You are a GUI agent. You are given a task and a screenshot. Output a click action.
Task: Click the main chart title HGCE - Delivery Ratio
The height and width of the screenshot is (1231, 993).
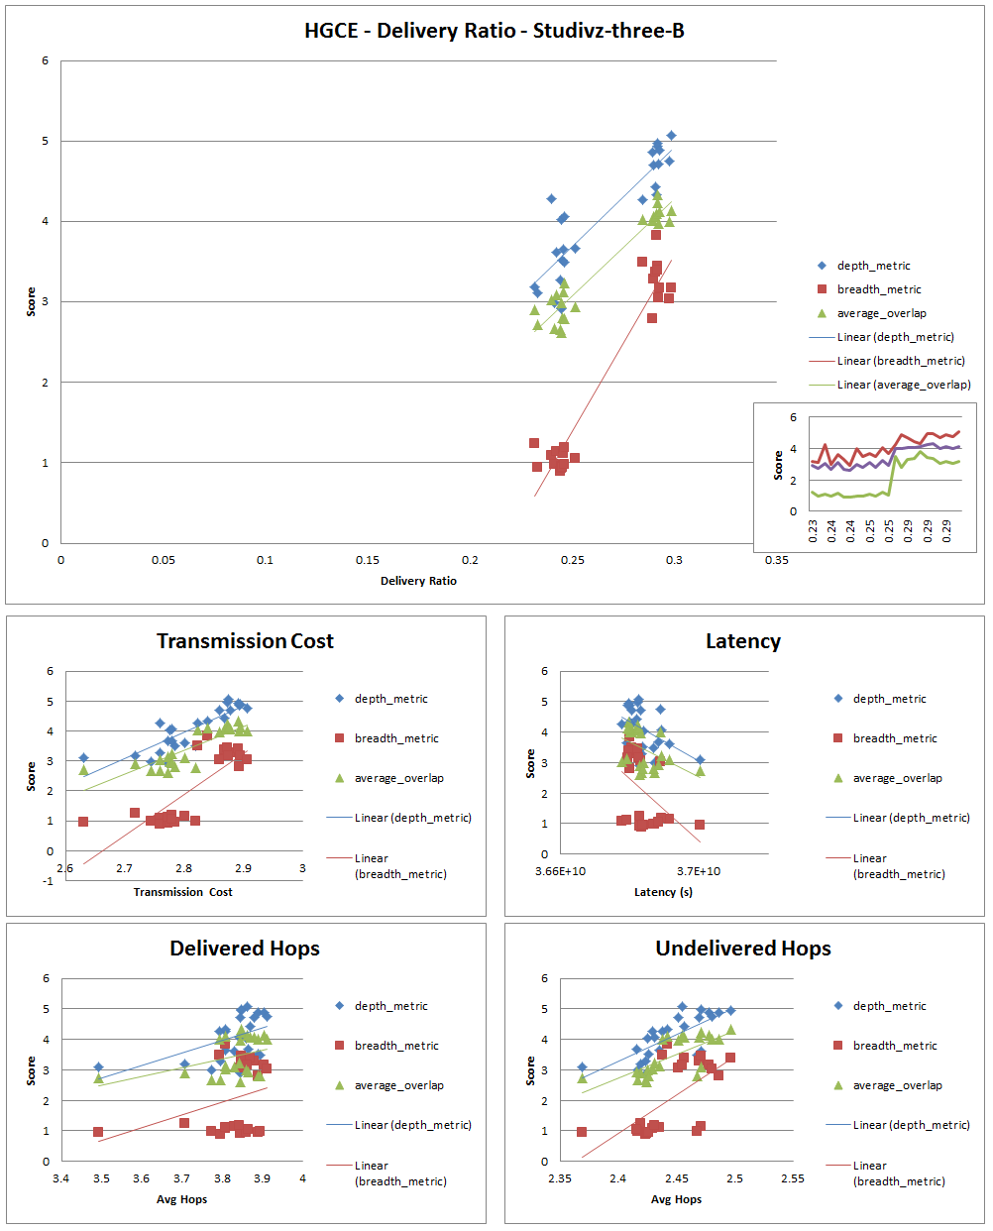(494, 31)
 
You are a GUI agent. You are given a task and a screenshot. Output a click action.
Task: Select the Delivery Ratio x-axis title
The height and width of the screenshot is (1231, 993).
(418, 581)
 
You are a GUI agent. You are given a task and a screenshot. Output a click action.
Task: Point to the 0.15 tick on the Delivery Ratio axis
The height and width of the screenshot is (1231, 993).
(367, 560)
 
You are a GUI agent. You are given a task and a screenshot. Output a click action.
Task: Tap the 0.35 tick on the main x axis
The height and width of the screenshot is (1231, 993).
(776, 560)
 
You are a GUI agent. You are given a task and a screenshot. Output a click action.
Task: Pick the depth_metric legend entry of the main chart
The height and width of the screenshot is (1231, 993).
(873, 266)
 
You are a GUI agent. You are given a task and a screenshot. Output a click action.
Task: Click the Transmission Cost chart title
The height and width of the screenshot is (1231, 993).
(245, 641)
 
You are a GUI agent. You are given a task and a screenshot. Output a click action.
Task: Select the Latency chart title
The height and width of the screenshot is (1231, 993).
(742, 641)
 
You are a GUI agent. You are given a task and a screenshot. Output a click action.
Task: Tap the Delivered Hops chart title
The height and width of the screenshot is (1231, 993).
(245, 949)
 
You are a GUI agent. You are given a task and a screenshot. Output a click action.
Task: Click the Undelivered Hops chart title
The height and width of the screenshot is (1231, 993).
(742, 949)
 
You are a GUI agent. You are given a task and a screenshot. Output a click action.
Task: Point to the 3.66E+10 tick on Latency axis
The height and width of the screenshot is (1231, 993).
(560, 871)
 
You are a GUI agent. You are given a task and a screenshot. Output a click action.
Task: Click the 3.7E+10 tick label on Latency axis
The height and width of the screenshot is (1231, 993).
(699, 871)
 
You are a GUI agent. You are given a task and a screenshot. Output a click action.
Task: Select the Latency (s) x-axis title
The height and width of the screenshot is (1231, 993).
(663, 892)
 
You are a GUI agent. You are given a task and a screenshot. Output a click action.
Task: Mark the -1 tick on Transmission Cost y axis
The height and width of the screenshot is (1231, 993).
(49, 881)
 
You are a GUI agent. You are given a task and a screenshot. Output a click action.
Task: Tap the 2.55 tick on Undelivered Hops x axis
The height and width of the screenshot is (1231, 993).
(792, 1178)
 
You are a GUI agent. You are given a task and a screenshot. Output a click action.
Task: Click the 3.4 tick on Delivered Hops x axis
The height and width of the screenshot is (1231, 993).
(61, 1178)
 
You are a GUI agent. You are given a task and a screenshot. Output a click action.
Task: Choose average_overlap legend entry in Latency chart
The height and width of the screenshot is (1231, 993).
(896, 778)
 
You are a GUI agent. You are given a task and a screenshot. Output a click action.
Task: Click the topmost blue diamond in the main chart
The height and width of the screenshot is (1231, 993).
(671, 136)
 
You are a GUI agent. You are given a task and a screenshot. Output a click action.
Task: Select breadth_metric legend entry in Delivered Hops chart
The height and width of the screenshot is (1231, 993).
(396, 1046)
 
